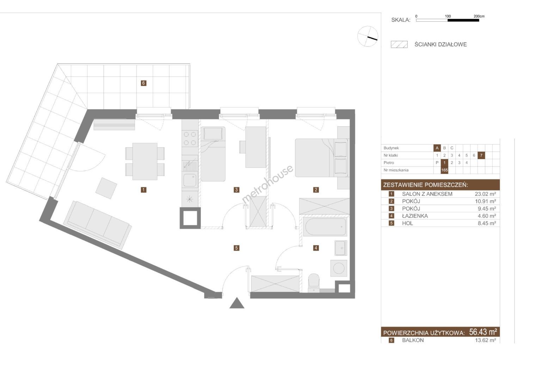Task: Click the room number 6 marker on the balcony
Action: pyautogui.click(x=143, y=83)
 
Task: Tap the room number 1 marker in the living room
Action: pyautogui.click(x=143, y=190)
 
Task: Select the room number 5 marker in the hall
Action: pyautogui.click(x=236, y=248)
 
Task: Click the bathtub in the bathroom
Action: pyautogui.click(x=325, y=227)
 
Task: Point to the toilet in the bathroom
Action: pyautogui.click(x=314, y=283)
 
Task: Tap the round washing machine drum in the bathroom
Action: pyautogui.click(x=339, y=268)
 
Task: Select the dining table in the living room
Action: pyautogui.click(x=145, y=161)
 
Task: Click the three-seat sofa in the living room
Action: pyautogui.click(x=98, y=224)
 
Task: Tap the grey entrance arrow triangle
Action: pyautogui.click(x=237, y=303)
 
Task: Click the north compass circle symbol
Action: pyautogui.click(x=367, y=36)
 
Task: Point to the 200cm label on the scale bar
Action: pyautogui.click(x=479, y=16)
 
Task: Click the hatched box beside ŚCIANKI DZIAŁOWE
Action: pyautogui.click(x=399, y=44)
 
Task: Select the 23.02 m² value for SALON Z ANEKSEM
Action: pyautogui.click(x=485, y=194)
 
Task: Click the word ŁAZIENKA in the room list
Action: pyautogui.click(x=415, y=216)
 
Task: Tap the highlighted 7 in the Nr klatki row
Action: pyautogui.click(x=481, y=155)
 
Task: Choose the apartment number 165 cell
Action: pyautogui.click(x=444, y=170)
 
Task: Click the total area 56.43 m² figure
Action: pyautogui.click(x=483, y=332)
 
